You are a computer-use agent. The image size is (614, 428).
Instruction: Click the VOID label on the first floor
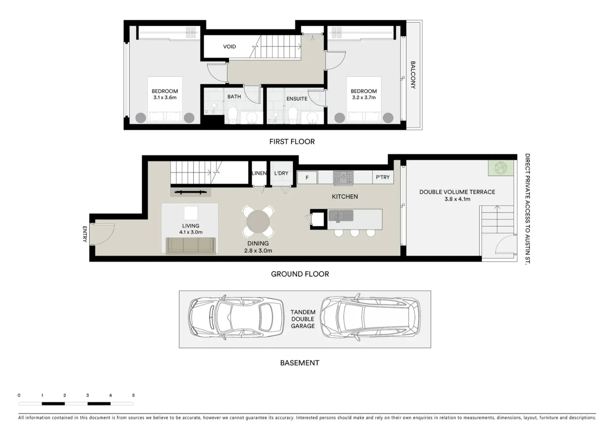(x=229, y=47)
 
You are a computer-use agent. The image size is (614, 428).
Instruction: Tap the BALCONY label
(x=413, y=75)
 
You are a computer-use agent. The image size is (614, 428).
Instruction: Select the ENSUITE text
(x=297, y=99)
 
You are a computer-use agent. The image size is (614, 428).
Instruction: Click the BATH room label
(x=234, y=97)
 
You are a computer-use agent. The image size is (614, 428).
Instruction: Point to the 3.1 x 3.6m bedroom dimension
(x=165, y=97)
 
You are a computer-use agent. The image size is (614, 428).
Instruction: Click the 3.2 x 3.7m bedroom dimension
(x=363, y=97)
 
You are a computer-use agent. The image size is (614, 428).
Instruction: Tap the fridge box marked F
(x=307, y=178)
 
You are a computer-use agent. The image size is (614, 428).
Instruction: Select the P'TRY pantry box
(x=383, y=177)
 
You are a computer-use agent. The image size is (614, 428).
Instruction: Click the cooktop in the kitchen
(x=343, y=177)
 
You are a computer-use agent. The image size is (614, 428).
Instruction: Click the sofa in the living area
(x=190, y=246)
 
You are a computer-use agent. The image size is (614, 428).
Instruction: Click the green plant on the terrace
(x=501, y=168)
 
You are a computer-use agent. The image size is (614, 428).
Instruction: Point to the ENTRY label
(x=84, y=234)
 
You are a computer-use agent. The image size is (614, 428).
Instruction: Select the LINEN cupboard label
(x=259, y=173)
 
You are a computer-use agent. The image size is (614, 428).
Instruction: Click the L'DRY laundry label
(x=281, y=173)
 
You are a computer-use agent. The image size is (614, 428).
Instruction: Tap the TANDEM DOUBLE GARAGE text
(x=303, y=319)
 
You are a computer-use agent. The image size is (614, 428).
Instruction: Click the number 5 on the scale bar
(x=133, y=395)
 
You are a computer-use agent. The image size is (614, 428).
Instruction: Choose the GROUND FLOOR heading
(x=300, y=274)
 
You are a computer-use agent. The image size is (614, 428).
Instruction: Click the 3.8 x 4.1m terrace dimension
(x=457, y=199)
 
